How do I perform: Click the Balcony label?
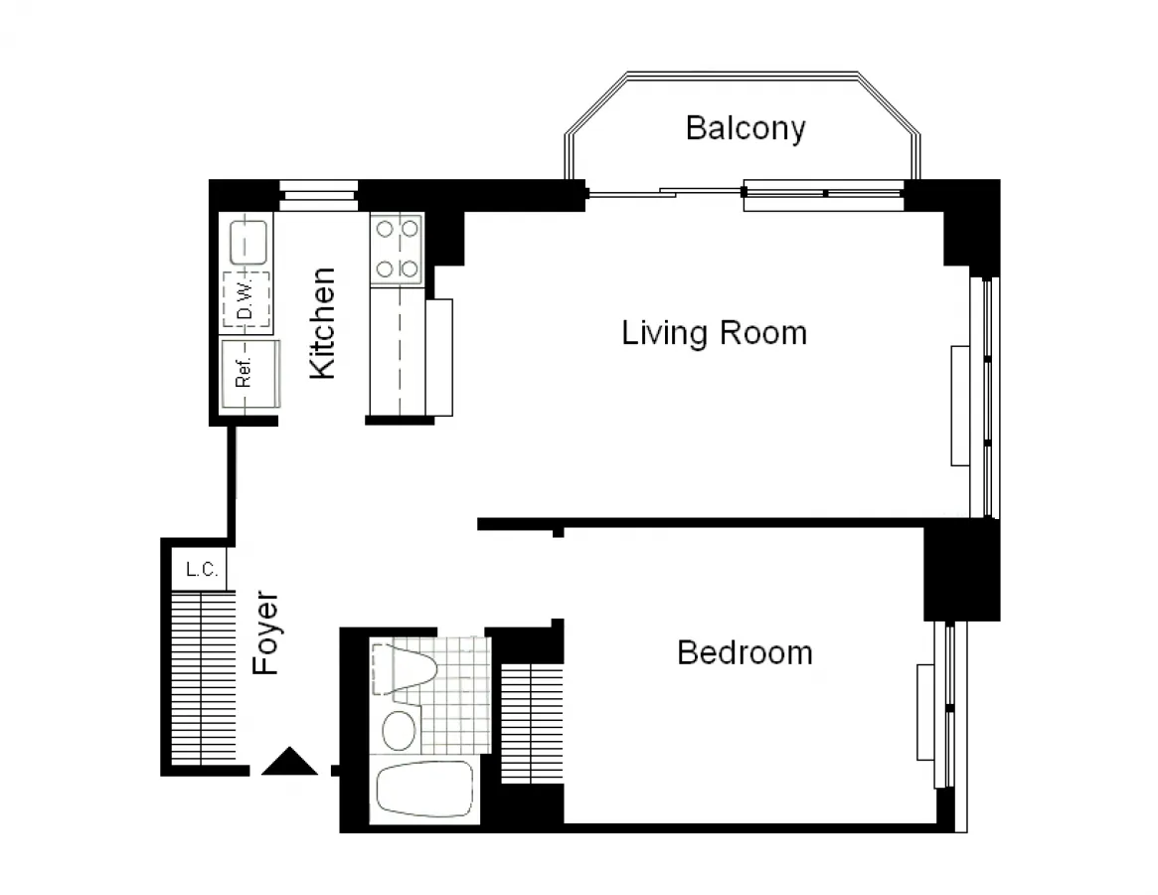pos(745,128)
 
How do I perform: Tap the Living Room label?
pos(714,332)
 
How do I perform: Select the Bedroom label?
pos(744,652)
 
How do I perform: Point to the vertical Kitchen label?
pos(323,323)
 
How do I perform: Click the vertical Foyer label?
pos(266,634)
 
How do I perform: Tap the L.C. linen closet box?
pos(202,570)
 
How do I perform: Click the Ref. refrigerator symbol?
pos(245,373)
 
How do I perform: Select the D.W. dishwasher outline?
pos(246,299)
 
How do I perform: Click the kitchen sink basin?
pos(248,241)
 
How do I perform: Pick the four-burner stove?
pos(396,249)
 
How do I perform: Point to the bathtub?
pos(423,793)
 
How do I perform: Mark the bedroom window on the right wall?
pos(949,706)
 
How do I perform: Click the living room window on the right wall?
pos(985,398)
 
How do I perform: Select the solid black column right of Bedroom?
pos(961,572)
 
